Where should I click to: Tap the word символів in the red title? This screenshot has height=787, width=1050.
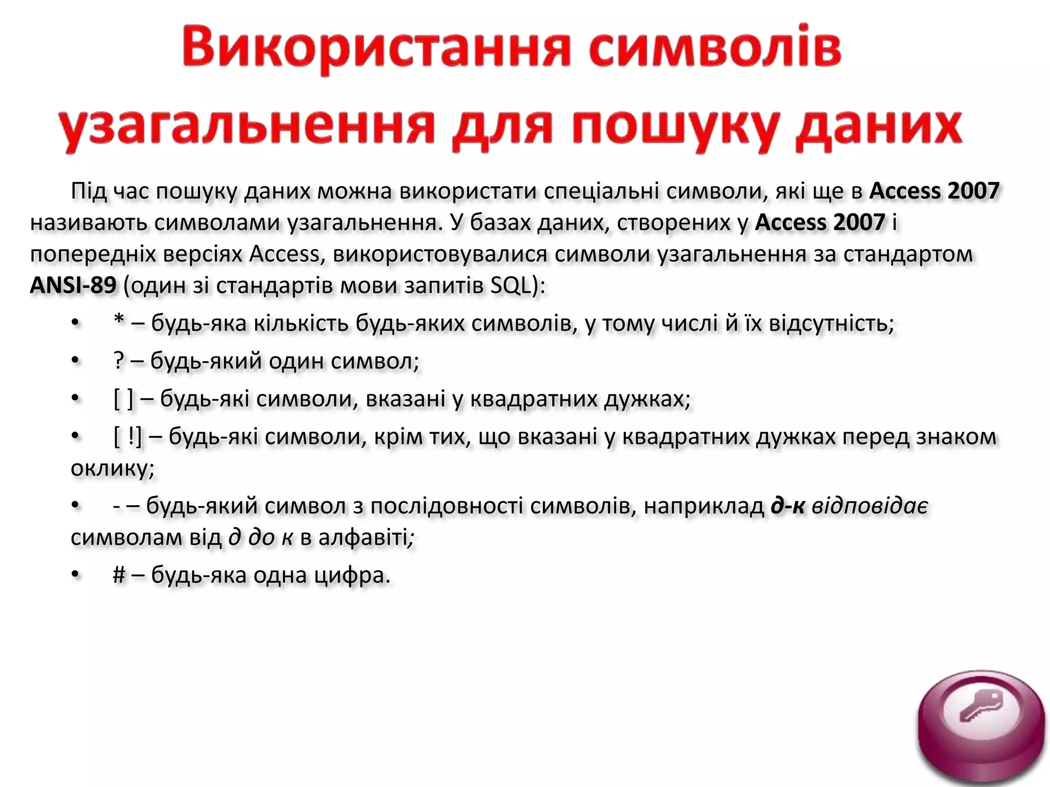coord(715,49)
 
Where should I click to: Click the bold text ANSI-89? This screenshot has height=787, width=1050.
coord(73,285)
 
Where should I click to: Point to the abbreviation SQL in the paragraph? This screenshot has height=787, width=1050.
coord(511,285)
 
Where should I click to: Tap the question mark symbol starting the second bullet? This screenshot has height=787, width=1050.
coord(119,361)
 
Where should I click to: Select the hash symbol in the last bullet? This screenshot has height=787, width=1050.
coord(119,575)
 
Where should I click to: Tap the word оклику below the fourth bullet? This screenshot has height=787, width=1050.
coord(112,468)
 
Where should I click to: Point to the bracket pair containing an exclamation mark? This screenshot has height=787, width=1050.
coord(128,437)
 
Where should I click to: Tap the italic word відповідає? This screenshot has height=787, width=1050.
coord(870,506)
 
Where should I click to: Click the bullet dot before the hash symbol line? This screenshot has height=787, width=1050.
coord(76,575)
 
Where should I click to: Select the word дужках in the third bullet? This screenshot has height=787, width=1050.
coord(647,399)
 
